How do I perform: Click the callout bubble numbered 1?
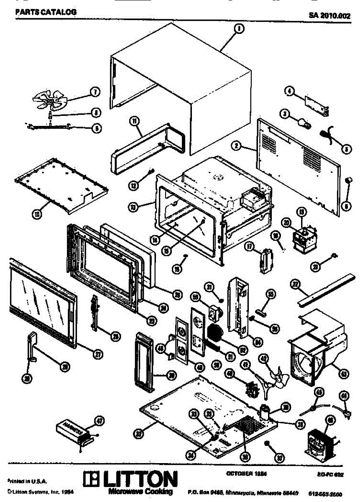(239, 28)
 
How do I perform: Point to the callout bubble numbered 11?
(134, 121)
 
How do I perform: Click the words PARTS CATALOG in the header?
(46, 12)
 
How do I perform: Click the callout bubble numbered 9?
(96, 128)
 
